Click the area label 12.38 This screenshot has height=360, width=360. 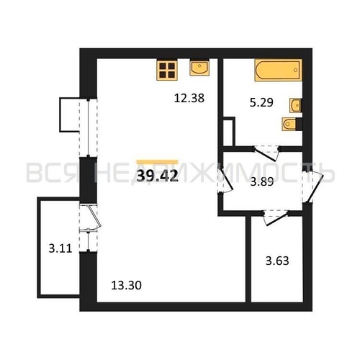coord(189,98)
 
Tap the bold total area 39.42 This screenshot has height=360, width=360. coord(158,176)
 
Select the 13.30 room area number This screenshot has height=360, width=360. coord(126,286)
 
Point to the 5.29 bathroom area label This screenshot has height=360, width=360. coord(261,102)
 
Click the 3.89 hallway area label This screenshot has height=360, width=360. coord(262,182)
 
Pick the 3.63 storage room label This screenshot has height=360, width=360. coord(277,261)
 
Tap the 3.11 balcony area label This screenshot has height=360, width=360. coord(60,248)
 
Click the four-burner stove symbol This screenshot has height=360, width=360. coord(167,70)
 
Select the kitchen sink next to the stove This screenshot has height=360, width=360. coord(199,68)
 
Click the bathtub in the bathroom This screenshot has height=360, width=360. coord(278,70)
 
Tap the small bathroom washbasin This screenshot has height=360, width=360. coord(296,105)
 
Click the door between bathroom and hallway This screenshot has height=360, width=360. coord(266,153)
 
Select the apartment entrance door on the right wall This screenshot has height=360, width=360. coord(312,185)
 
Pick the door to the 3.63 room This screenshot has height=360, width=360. coord(276,217)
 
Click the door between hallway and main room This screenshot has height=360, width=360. coord(225,181)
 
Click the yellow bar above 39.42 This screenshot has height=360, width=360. coord(157,162)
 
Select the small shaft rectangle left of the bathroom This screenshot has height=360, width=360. coord(229,132)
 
